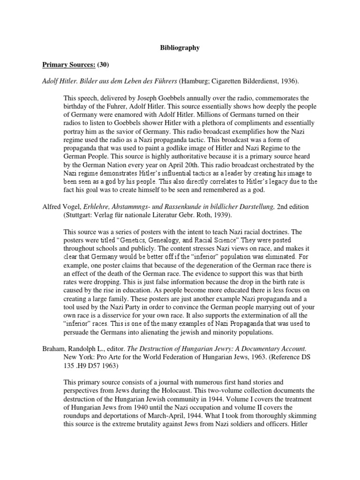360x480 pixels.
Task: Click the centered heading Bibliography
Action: pos(180,48)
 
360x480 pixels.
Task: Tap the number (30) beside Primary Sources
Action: pos(104,64)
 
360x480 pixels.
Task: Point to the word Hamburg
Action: pos(196,81)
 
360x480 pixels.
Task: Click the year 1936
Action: pos(287,81)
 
